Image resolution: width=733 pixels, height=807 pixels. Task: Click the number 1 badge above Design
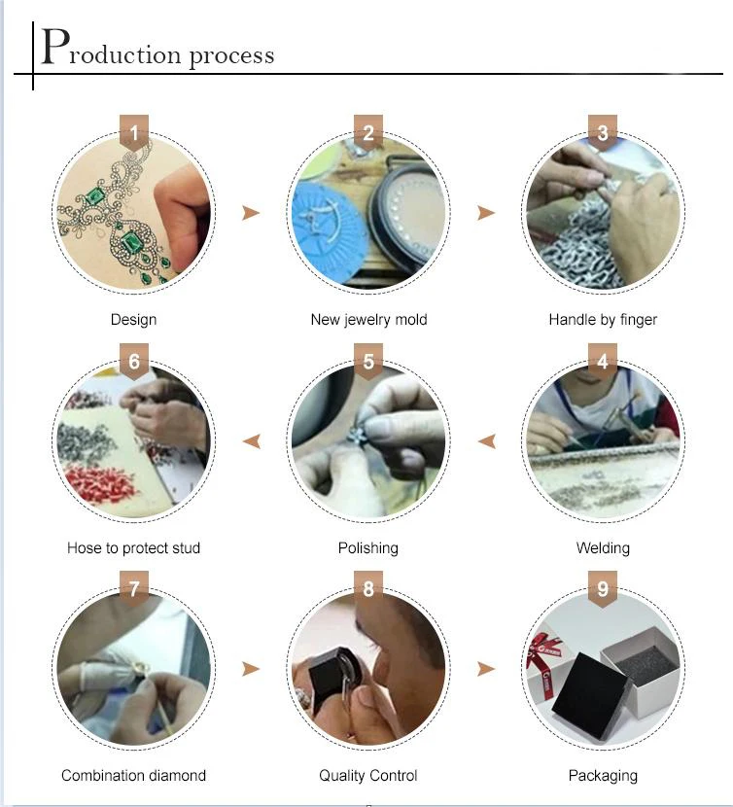tap(134, 133)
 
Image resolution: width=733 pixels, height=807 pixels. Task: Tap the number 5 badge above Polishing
tap(368, 362)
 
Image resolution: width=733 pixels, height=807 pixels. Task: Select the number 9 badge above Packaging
tap(603, 589)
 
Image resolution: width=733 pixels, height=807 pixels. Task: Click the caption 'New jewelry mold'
tap(368, 320)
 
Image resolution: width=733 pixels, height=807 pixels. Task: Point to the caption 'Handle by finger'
tap(603, 320)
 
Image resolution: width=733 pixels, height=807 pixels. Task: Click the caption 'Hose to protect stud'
tap(134, 547)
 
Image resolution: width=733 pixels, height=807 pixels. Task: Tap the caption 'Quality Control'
tap(368, 775)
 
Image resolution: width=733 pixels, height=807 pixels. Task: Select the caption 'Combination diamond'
tap(134, 775)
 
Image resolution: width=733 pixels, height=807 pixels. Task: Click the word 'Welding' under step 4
tap(603, 547)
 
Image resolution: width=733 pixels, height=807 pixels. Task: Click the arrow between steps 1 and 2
tap(251, 213)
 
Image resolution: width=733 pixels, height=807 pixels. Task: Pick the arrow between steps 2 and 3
tap(486, 213)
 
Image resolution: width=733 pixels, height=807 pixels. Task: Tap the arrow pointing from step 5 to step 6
tap(252, 441)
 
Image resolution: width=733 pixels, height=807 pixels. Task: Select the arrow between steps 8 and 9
tap(486, 669)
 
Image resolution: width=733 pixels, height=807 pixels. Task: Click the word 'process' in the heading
tap(231, 55)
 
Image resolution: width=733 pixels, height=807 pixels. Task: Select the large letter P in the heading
tap(55, 47)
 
